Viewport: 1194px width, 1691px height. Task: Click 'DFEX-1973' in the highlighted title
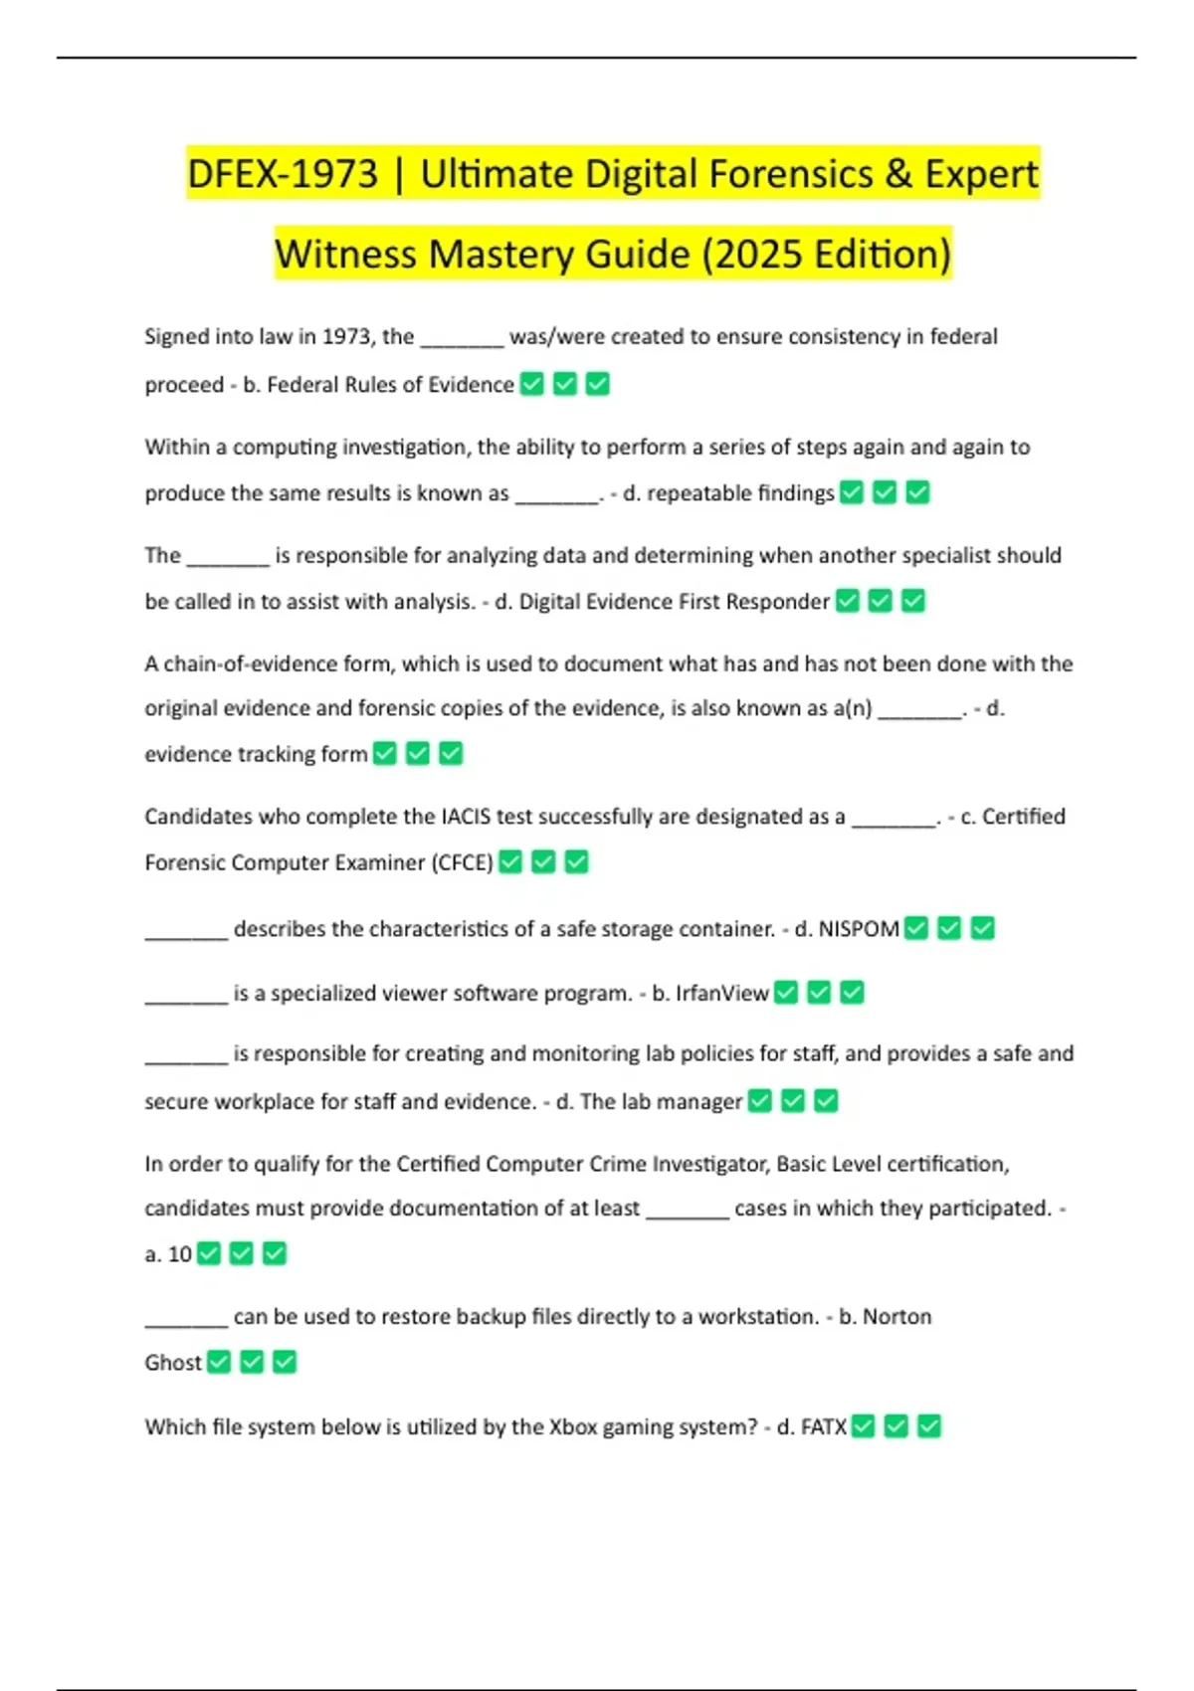[x=283, y=174]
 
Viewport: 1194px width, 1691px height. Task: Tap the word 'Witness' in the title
[x=345, y=255]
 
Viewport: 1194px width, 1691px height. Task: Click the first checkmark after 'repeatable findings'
[x=852, y=492]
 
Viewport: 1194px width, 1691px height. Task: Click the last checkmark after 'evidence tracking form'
[x=451, y=754]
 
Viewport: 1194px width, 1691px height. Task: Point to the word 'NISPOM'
[x=859, y=929]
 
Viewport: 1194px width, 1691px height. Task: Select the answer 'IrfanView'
[x=721, y=993]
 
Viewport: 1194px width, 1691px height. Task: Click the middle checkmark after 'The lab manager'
[x=792, y=1101]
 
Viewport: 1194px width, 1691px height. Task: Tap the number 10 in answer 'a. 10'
[x=180, y=1254]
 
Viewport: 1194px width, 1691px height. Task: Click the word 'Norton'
[x=896, y=1317]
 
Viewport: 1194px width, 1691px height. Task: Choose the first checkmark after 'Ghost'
[x=219, y=1362]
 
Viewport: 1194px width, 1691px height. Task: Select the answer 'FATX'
[x=824, y=1426]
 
